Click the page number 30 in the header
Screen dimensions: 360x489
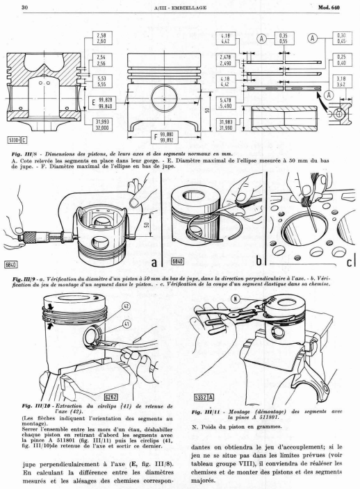pyautogui.click(x=24, y=7)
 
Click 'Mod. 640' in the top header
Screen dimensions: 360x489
pyautogui.click(x=329, y=7)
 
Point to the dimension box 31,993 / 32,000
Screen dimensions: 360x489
pyautogui.click(x=102, y=125)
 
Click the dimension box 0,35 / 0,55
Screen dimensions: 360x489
pyautogui.click(x=284, y=38)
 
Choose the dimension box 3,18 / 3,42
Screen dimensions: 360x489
pyautogui.click(x=342, y=81)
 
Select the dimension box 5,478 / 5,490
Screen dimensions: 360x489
pyautogui.click(x=226, y=103)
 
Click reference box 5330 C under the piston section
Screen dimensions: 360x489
pyautogui.click(x=17, y=140)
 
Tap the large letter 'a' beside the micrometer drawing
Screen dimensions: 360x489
pyautogui.click(x=154, y=263)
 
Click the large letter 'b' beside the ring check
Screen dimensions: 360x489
pyautogui.click(x=259, y=260)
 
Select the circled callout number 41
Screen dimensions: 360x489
pyautogui.click(x=126, y=324)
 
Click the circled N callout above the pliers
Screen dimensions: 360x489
pyautogui.click(x=236, y=299)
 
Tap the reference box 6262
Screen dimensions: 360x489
pyautogui.click(x=111, y=397)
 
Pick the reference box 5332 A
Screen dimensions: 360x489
pyautogui.click(x=204, y=397)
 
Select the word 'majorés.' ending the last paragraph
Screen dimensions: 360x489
pyautogui.click(x=203, y=481)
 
